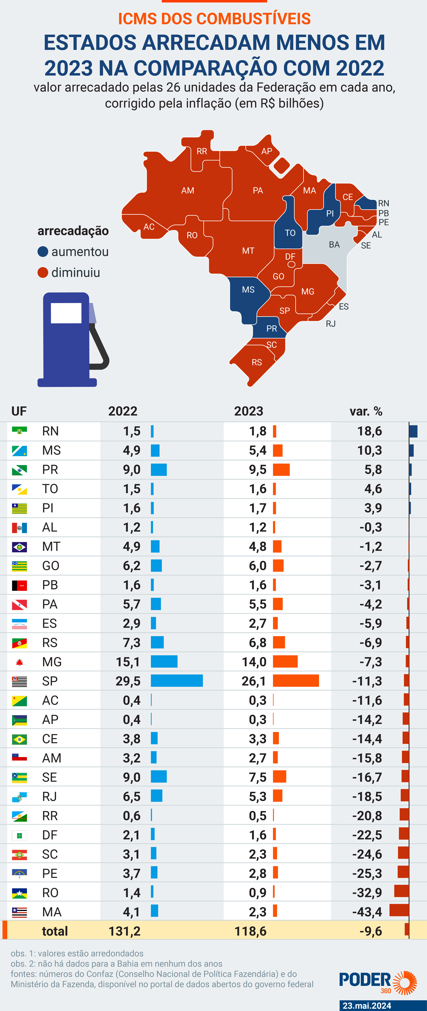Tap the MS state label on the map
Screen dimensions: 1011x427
[x=248, y=290]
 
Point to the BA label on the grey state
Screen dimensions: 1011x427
[x=334, y=244]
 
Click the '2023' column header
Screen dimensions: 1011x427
[x=249, y=411]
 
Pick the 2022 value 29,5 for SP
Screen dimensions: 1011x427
[x=128, y=681]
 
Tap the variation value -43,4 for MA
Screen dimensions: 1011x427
[x=367, y=912]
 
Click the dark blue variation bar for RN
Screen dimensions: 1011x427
[x=413, y=431]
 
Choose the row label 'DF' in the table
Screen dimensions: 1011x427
[x=50, y=835]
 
